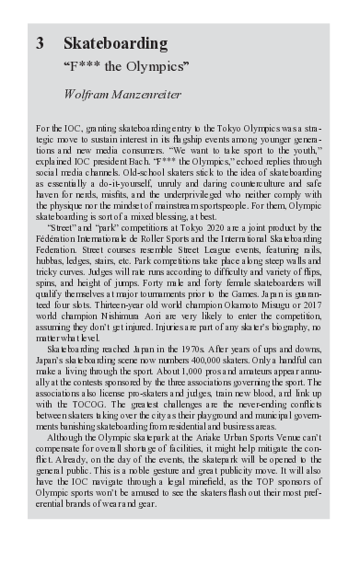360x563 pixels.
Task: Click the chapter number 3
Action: tap(40, 43)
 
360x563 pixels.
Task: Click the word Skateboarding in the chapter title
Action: tap(115, 43)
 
